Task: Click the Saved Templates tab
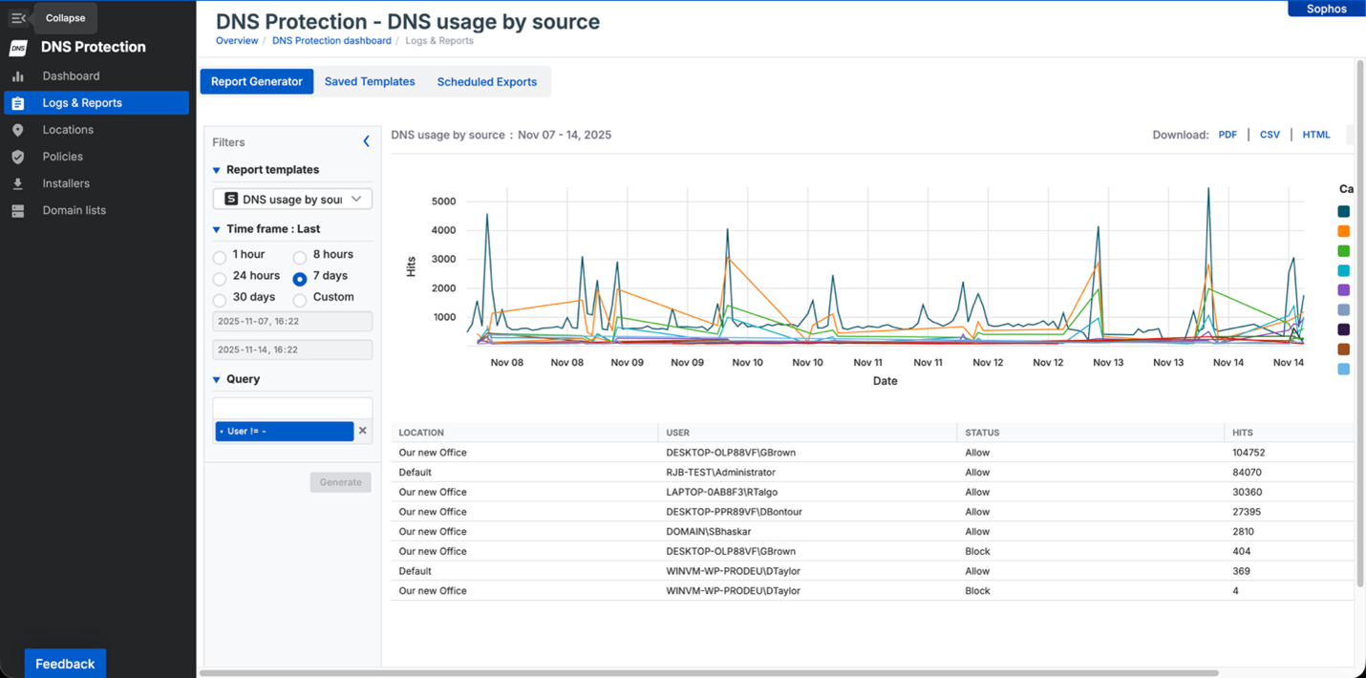pyautogui.click(x=370, y=82)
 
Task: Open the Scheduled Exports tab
pyautogui.click(x=486, y=82)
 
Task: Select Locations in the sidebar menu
pyautogui.click(x=68, y=130)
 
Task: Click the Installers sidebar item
pyautogui.click(x=66, y=183)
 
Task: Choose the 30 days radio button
pyautogui.click(x=220, y=300)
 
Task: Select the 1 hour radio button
pyautogui.click(x=220, y=257)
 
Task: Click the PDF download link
pyautogui.click(x=1227, y=135)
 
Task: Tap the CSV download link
pyautogui.click(x=1270, y=135)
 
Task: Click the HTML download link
pyautogui.click(x=1315, y=135)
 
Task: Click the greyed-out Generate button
pyautogui.click(x=340, y=482)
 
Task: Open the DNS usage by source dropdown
pyautogui.click(x=292, y=200)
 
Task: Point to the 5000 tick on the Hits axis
pyautogui.click(x=444, y=201)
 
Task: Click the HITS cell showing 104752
pyautogui.click(x=1249, y=453)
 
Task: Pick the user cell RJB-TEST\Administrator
pyautogui.click(x=720, y=473)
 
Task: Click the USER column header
pyautogui.click(x=678, y=433)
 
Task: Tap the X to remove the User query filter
pyautogui.click(x=363, y=431)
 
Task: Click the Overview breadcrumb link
pyautogui.click(x=237, y=41)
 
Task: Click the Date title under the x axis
pyautogui.click(x=885, y=381)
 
